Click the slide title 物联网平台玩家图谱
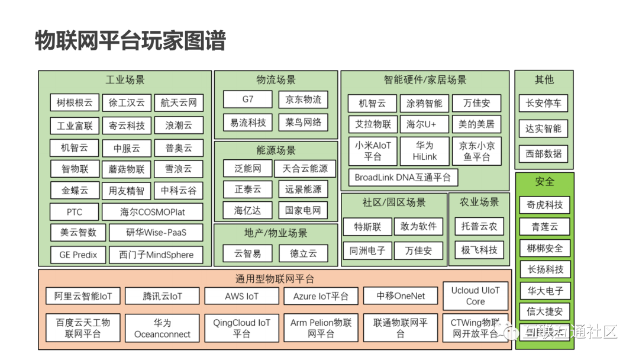point(130,41)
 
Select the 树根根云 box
point(75,102)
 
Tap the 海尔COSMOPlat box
point(153,212)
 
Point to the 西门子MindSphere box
point(156,255)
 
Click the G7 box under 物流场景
point(247,99)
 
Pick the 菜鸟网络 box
point(303,123)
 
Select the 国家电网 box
point(303,210)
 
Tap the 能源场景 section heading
point(276,150)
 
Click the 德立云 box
point(303,253)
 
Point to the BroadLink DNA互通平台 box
point(402,177)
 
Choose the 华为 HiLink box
point(424,151)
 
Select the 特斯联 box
point(367,227)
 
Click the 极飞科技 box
point(479,249)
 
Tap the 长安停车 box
point(544,103)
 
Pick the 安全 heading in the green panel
point(544,181)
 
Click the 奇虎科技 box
point(544,205)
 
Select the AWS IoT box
point(241,296)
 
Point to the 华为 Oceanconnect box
point(162,329)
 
